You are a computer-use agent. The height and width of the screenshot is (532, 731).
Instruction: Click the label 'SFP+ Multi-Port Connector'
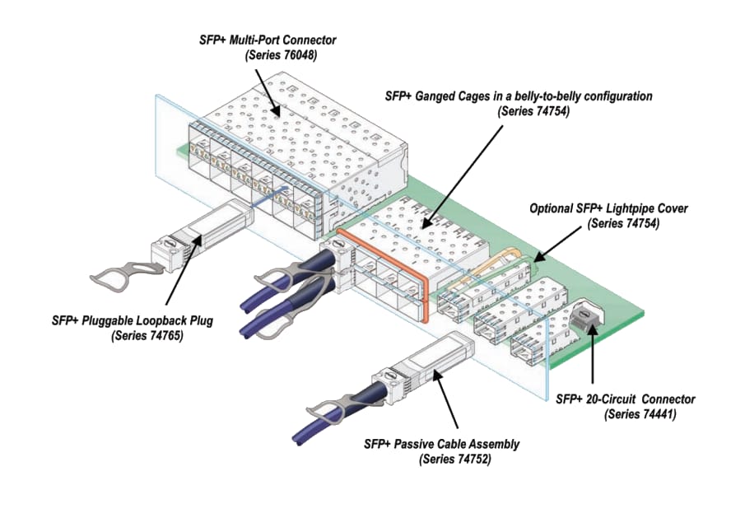click(268, 40)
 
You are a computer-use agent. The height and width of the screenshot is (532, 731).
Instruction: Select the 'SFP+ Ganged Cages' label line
click(518, 96)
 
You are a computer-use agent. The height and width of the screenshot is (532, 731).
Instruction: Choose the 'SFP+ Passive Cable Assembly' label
click(441, 444)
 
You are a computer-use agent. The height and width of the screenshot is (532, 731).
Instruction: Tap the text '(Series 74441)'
click(640, 415)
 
